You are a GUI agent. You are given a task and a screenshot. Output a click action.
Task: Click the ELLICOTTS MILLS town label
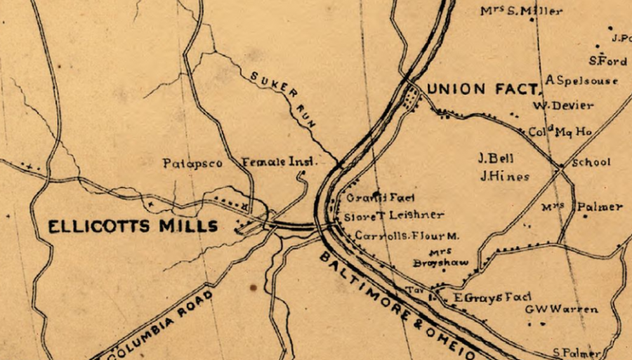132,227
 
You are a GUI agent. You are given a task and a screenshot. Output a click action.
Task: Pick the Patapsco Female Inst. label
239,163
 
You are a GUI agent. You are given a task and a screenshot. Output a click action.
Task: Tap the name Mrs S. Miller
521,11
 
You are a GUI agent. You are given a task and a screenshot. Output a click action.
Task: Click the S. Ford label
608,61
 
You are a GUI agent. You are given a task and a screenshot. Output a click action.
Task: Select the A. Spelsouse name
582,81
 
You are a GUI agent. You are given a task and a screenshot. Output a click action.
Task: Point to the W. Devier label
562,106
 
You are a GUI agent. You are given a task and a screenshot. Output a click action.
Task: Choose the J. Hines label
504,177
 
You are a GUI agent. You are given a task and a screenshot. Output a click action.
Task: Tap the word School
591,162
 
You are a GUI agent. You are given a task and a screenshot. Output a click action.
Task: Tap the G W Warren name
561,309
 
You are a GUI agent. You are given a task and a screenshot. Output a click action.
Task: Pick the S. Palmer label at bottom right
577,352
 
